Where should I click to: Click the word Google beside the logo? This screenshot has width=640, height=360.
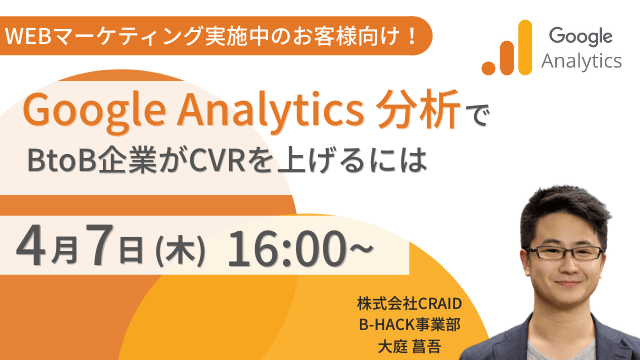click(x=577, y=37)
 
